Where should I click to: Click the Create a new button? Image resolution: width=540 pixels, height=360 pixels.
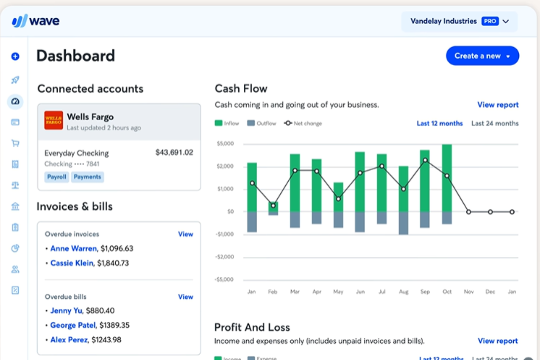point(482,56)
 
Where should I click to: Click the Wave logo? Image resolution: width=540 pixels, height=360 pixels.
point(35,21)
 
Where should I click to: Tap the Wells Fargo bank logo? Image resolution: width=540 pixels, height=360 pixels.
point(54,120)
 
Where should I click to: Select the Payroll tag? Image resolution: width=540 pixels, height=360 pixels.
point(57,177)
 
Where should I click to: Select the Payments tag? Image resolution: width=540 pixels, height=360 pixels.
point(87,177)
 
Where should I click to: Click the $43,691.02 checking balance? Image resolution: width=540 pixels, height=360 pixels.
point(174,152)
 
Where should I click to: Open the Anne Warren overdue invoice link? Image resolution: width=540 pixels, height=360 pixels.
point(73,248)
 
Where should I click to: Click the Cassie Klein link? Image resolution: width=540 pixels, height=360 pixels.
point(72,263)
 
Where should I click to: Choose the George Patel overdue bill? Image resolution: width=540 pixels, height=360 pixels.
point(73,325)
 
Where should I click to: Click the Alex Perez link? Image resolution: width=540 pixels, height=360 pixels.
point(69,340)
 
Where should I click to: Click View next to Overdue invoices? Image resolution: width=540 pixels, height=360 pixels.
point(185,234)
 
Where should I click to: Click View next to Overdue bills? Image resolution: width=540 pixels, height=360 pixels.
point(185,297)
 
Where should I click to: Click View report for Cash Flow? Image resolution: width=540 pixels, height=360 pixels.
point(498,105)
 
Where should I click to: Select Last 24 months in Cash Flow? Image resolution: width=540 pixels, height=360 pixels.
point(495,123)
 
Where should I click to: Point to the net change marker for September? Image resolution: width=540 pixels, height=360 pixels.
point(425,160)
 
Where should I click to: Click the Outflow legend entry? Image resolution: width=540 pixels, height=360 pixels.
point(262,123)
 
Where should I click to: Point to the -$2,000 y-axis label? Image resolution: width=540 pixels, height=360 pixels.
point(224,257)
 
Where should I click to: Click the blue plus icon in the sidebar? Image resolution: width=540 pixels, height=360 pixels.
point(15,56)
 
